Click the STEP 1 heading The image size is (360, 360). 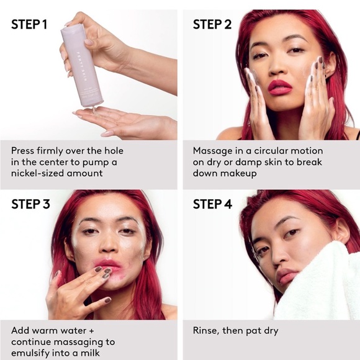point(29,25)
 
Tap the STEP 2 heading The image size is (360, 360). point(212,25)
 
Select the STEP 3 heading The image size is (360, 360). point(30,204)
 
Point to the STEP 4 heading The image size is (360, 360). point(213,204)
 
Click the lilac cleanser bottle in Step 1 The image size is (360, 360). point(82,66)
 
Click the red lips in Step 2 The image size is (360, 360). point(279,88)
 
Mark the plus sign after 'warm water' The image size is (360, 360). point(91,331)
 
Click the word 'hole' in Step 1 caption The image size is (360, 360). point(114,151)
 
